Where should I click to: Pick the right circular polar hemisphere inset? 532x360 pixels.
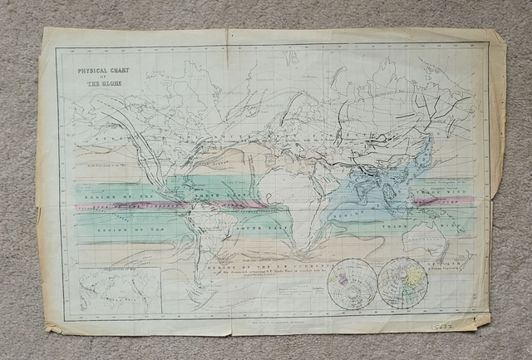pyautogui.click(x=403, y=283)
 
